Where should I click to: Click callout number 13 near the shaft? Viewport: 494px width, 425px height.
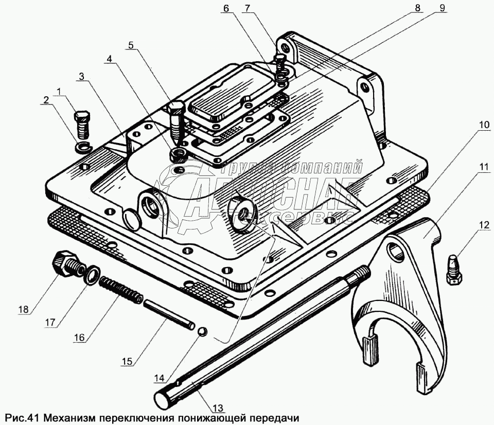pyautogui.click(x=218, y=408)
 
